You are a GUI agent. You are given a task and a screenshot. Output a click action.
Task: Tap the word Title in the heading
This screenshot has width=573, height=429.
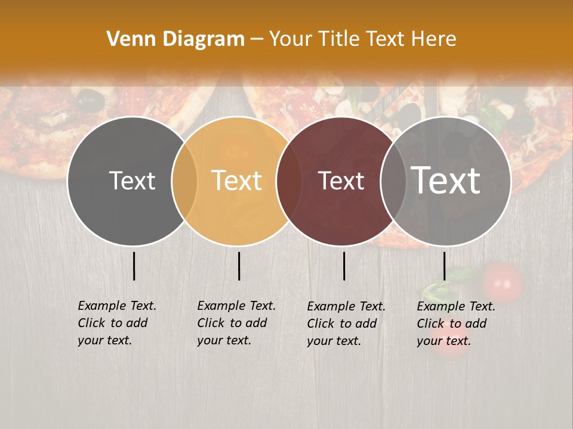point(337,39)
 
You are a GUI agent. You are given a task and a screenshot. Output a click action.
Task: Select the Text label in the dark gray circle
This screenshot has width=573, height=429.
point(132,181)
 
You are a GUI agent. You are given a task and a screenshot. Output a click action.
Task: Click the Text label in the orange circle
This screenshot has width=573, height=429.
point(237,181)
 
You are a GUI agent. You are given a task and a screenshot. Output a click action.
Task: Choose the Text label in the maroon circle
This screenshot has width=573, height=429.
point(341,181)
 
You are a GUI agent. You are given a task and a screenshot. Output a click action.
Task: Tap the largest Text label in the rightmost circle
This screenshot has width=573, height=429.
point(446,181)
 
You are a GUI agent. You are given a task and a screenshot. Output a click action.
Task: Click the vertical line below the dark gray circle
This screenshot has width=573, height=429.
point(134,266)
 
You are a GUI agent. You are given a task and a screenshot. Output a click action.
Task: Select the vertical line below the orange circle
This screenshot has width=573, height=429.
point(239,266)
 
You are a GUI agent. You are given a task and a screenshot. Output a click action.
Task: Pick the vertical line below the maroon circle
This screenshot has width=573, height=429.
point(344,266)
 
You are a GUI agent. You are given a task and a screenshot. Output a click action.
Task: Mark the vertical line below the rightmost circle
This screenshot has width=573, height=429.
point(444,266)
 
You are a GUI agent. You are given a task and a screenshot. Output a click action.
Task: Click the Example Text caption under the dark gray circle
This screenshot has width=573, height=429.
point(117,322)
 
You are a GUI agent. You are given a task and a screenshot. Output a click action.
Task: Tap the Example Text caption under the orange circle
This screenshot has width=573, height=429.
point(236,322)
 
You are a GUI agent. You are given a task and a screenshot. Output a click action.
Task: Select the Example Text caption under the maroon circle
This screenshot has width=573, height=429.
point(346,323)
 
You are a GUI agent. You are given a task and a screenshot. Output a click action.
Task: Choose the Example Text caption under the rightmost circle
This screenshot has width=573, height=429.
point(456,323)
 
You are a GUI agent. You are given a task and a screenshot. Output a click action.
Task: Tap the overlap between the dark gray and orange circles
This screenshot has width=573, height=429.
point(184,181)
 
